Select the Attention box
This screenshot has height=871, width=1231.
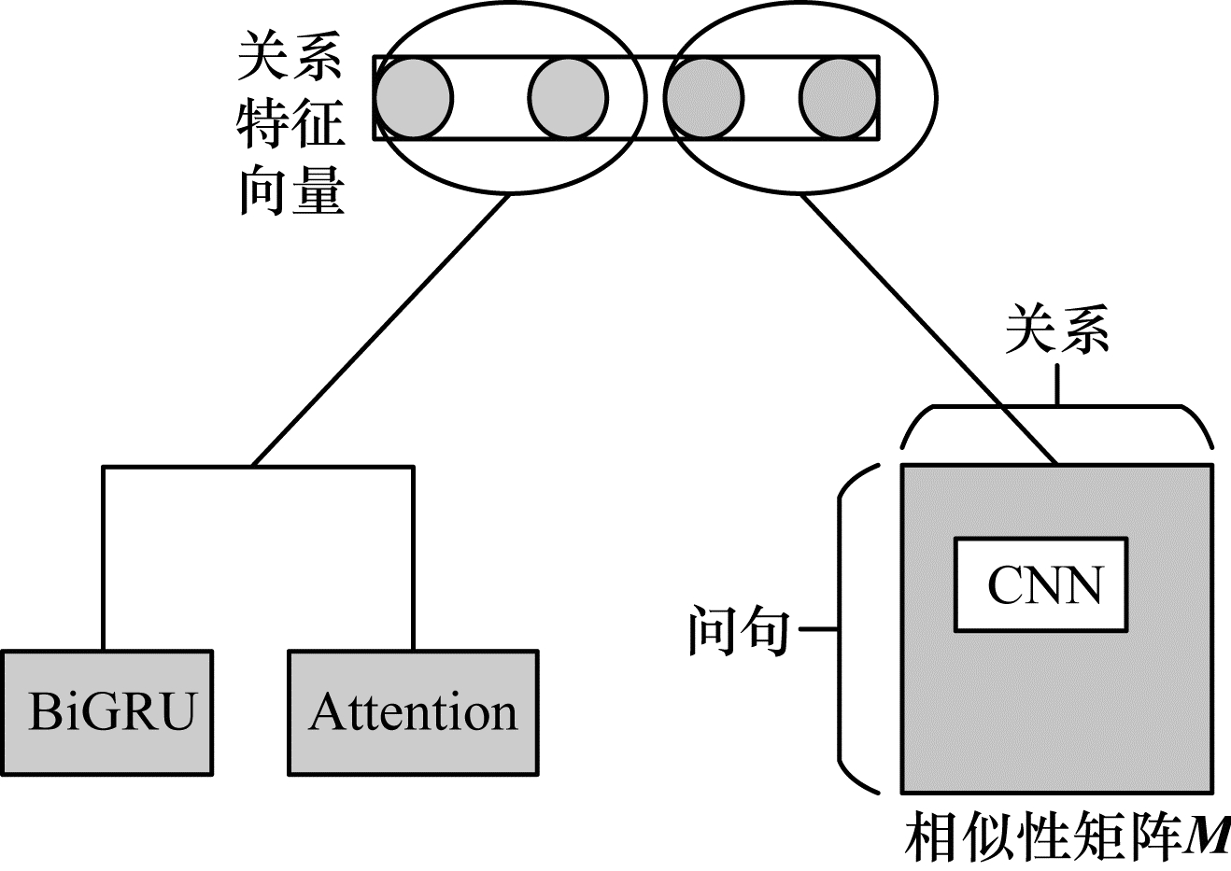[x=413, y=712]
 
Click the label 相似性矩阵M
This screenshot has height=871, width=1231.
[x=1065, y=837]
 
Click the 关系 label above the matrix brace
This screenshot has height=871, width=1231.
[x=1056, y=330]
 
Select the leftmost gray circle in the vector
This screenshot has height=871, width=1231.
[x=413, y=97]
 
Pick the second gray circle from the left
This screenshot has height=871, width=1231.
[x=568, y=97]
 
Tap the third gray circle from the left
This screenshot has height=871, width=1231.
[x=705, y=97]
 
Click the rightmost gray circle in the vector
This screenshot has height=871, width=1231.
[x=838, y=97]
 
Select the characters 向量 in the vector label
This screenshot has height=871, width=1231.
[x=290, y=191]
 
